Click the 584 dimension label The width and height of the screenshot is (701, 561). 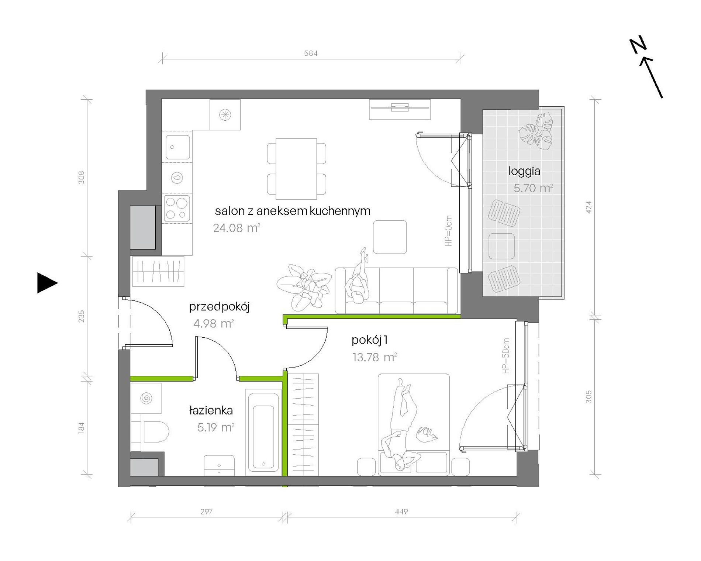coord(311,53)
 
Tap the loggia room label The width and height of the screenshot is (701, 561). coord(524,171)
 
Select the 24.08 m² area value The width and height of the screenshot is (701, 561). coord(236,228)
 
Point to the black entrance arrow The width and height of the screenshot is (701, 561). coord(47,283)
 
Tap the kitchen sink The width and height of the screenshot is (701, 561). coord(177,147)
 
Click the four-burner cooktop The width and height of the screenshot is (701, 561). coord(177,209)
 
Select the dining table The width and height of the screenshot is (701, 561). coord(296,169)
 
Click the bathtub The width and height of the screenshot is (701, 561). coord(263,433)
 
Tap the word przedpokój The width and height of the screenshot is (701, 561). coord(219,307)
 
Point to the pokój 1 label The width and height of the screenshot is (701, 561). coord(369,340)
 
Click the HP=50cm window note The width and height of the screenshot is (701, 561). coord(505,356)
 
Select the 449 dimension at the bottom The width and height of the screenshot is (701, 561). coord(401,512)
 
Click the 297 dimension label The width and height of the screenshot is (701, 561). coord(206,512)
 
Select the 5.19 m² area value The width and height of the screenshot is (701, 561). coord(216,427)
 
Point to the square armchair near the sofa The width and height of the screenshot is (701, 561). coord(390,237)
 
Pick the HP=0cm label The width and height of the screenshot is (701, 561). coord(448,231)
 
